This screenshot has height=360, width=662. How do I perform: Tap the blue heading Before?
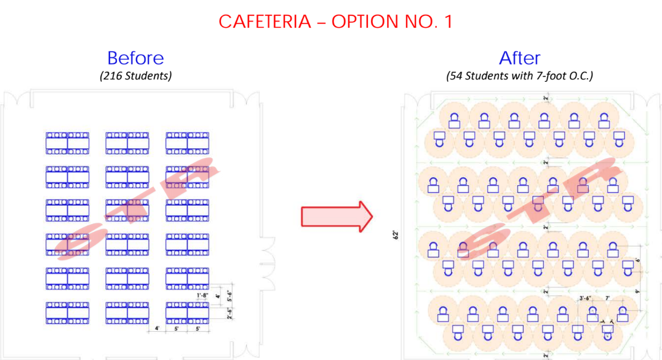(x=135, y=58)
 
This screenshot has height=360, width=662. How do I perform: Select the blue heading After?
(x=519, y=58)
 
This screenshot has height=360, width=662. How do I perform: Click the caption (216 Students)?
(x=135, y=76)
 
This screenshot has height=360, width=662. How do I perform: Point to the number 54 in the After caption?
(x=455, y=76)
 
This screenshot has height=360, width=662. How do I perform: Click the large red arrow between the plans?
(x=337, y=216)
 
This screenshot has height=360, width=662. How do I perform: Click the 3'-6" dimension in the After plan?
(x=586, y=298)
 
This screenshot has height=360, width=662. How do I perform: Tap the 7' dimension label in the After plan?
(x=608, y=298)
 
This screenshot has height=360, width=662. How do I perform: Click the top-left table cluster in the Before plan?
(x=67, y=143)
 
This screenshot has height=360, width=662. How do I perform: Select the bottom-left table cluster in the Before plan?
(x=67, y=313)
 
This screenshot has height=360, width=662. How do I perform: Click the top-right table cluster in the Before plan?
(x=188, y=143)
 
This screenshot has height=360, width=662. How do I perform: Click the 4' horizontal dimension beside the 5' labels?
(x=158, y=329)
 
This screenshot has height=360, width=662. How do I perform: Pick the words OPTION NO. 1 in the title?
(x=392, y=22)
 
